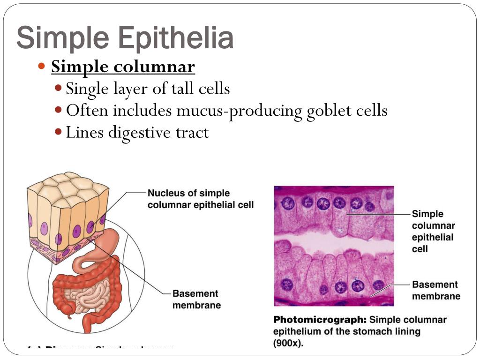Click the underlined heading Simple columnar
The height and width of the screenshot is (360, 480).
[x=123, y=67]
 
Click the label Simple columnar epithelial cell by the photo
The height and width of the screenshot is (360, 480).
[x=433, y=231]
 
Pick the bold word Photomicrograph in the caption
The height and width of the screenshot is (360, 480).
[x=320, y=320]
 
